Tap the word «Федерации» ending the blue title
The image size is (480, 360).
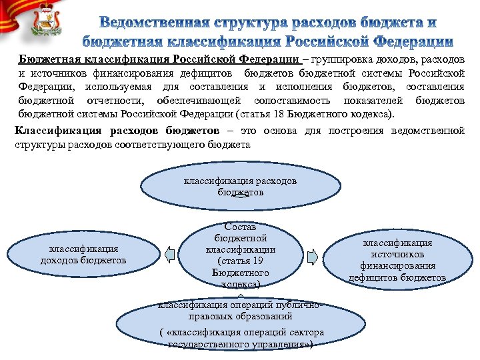point(408,41)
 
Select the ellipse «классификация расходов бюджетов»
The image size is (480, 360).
point(241,186)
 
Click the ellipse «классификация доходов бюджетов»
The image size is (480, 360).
point(83,254)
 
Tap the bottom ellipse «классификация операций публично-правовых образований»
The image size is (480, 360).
point(241,321)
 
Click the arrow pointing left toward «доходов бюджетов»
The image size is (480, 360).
point(170,255)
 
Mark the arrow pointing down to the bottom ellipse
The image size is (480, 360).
point(241,294)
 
